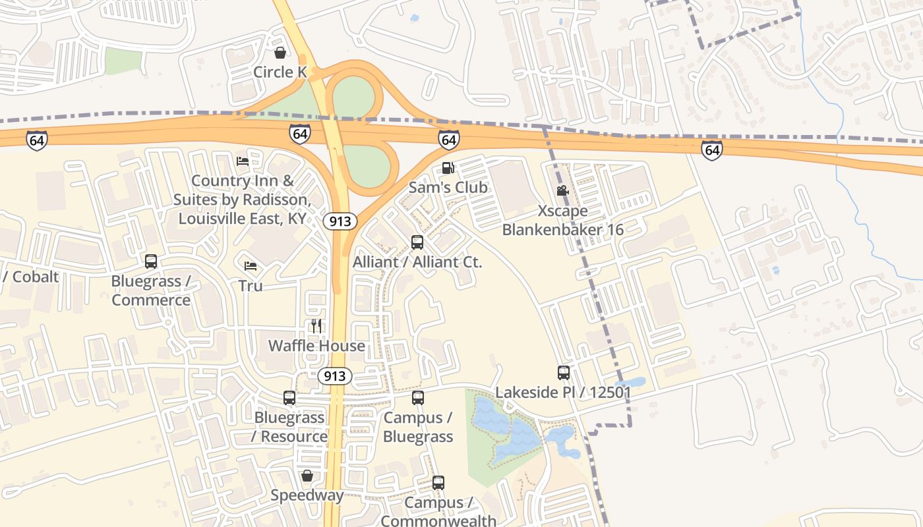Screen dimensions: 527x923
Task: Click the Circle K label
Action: click(280, 72)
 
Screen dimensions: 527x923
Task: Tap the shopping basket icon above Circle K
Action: click(280, 53)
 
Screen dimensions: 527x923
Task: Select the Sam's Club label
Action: click(448, 187)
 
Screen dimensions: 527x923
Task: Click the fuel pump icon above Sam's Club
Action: click(448, 168)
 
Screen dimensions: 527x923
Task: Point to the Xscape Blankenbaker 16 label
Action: click(562, 220)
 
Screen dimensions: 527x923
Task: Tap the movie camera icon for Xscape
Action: click(562, 191)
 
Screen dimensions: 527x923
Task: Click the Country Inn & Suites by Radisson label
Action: click(241, 200)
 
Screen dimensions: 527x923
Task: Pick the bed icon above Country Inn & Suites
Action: click(243, 161)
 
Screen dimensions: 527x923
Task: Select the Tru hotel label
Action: click(251, 285)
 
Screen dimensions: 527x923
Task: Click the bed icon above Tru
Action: click(251, 266)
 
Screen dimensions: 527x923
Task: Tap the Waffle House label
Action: click(316, 345)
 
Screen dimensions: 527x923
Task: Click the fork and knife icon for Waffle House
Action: click(316, 325)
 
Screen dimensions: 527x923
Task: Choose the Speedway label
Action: click(307, 495)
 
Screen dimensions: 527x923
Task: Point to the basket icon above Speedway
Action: click(307, 476)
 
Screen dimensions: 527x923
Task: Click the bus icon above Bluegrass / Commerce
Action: click(151, 262)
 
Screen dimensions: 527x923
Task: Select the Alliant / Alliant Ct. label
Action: click(417, 262)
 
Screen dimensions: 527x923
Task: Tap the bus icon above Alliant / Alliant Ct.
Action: click(417, 242)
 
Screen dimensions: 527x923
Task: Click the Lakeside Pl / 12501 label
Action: click(563, 392)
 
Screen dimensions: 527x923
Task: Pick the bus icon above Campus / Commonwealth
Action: click(438, 483)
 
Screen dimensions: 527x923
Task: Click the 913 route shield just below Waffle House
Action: click(335, 376)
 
